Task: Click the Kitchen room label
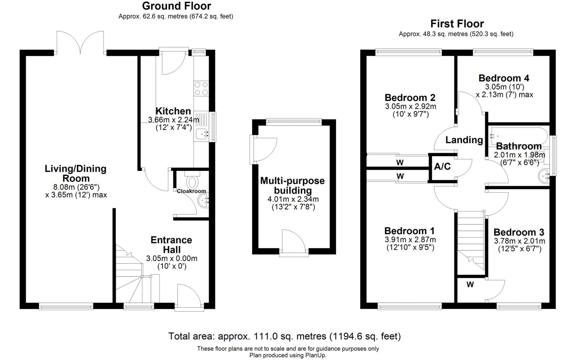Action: click(173, 111)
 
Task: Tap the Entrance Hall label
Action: click(171, 245)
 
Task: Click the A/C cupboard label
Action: click(442, 167)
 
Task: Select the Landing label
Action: click(464, 140)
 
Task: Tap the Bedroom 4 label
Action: click(504, 78)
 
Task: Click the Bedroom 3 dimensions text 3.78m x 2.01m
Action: click(519, 241)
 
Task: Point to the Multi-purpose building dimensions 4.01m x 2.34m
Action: click(293, 199)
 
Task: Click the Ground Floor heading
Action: click(176, 6)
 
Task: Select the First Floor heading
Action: click(457, 24)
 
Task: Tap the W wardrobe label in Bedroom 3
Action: click(470, 285)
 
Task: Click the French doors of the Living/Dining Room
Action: click(80, 42)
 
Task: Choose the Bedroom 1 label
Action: click(409, 231)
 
